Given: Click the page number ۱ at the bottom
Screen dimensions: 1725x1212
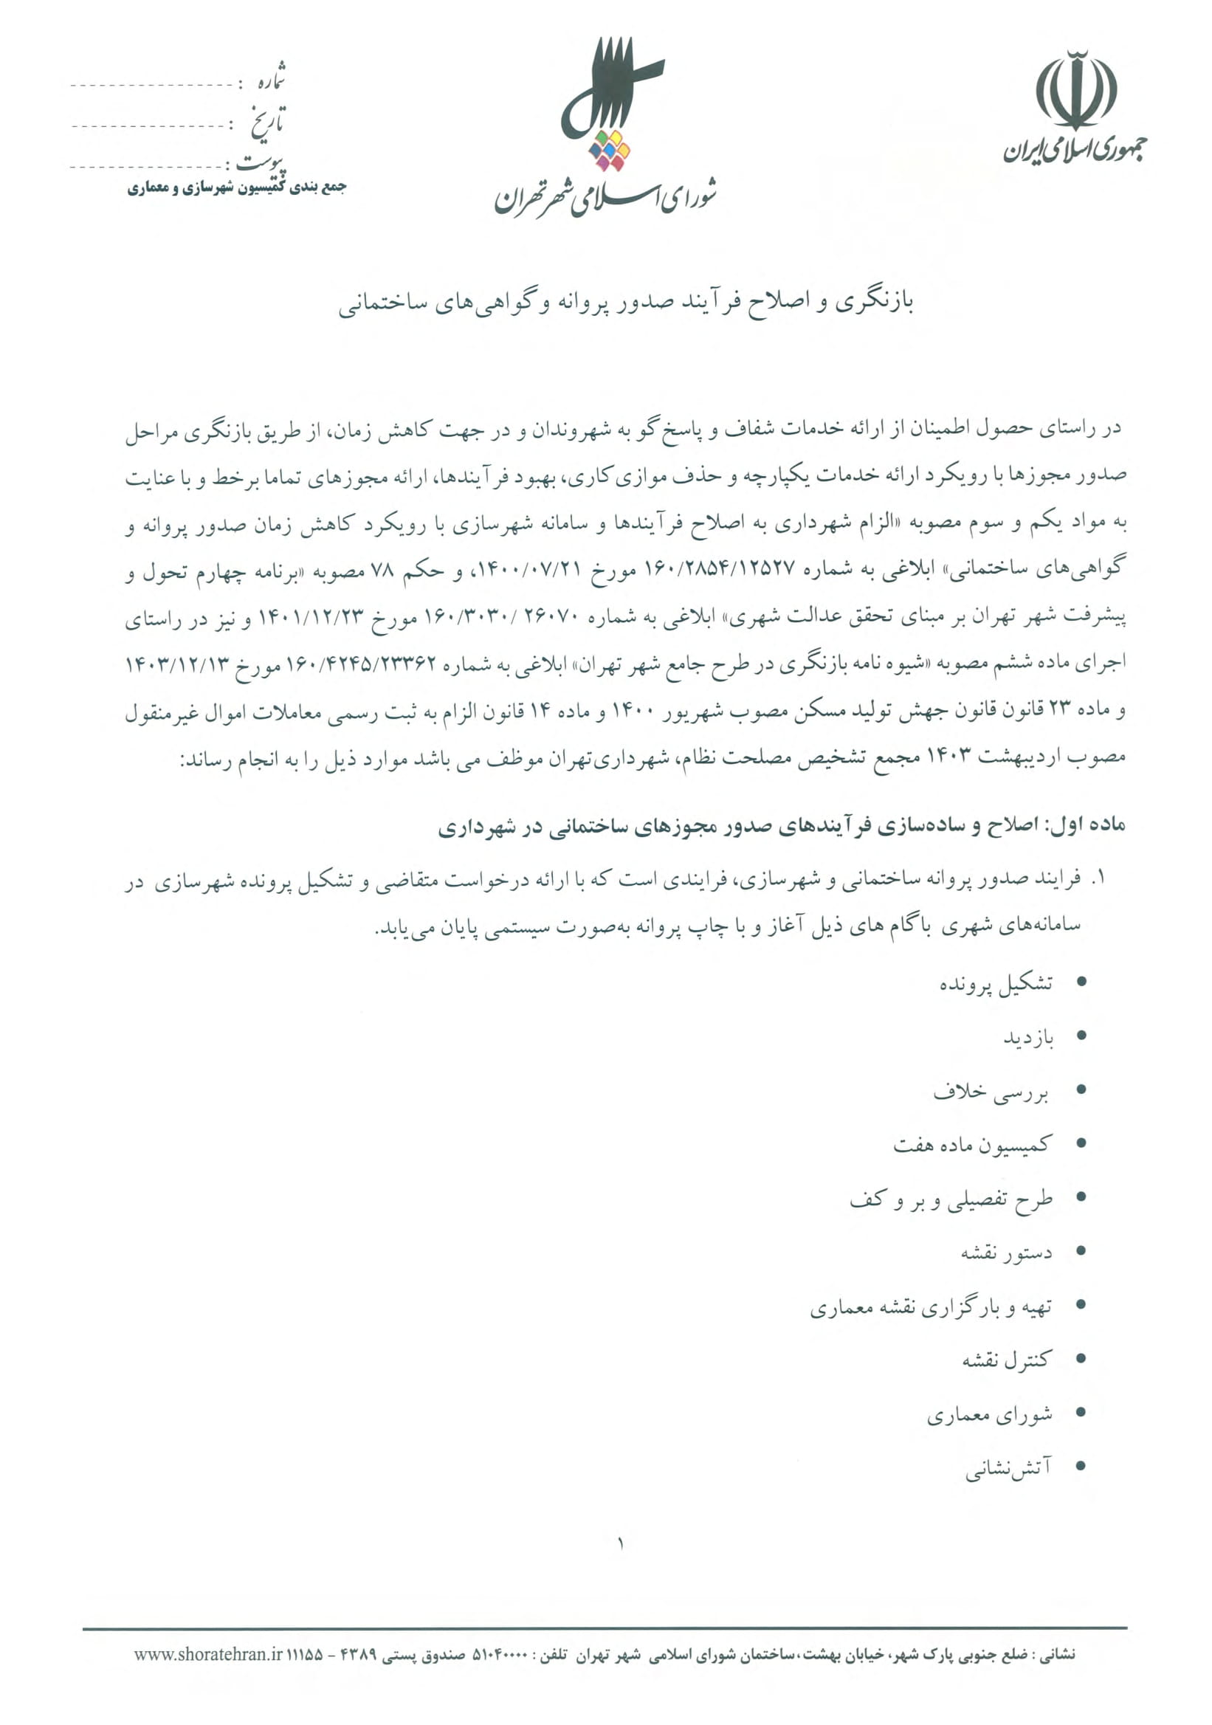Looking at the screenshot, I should [x=621, y=1544].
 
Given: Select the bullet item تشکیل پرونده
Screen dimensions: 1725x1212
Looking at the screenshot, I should [x=996, y=983].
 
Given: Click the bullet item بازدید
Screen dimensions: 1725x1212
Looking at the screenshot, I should [x=1028, y=1039].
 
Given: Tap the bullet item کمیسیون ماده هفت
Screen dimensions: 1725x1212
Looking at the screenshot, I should [x=971, y=1146].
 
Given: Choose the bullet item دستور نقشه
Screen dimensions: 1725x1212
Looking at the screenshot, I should [x=1006, y=1253].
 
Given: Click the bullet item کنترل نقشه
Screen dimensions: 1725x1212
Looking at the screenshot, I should [x=1007, y=1360].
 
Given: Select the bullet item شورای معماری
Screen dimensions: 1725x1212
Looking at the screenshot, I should [x=989, y=1416].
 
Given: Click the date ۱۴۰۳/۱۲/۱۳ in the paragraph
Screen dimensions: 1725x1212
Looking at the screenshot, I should [x=175, y=664].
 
